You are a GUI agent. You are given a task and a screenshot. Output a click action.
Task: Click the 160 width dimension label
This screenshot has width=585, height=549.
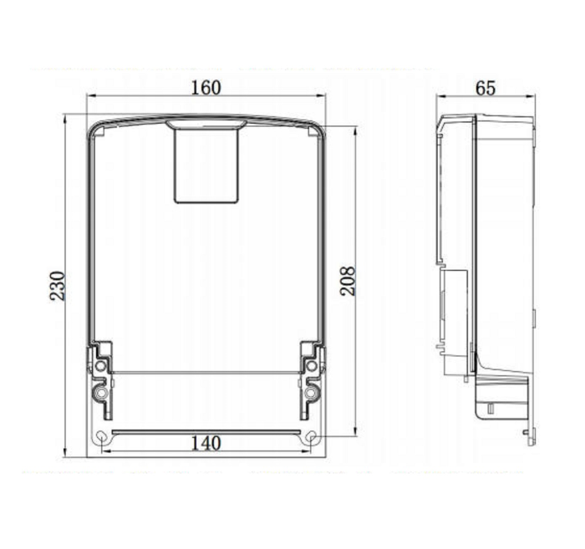coord(206,88)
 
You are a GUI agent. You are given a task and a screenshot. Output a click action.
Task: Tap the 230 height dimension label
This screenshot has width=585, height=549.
coord(58,286)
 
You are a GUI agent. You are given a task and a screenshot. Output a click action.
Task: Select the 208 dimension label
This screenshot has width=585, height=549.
coord(348,282)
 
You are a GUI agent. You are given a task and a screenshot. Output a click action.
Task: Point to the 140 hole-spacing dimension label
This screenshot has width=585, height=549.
coord(206,444)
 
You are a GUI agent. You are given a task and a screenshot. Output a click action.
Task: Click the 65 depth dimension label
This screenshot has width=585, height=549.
coord(486,89)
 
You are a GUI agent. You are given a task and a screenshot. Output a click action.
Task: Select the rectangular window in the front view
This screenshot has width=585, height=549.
coord(206,166)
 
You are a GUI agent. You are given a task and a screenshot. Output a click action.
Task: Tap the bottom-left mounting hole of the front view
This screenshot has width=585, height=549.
coord(101,437)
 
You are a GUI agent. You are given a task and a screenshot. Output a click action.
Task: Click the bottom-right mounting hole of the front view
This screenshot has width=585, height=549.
coord(312,437)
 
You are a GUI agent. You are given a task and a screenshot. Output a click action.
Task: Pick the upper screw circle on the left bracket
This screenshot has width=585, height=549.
coord(100,365)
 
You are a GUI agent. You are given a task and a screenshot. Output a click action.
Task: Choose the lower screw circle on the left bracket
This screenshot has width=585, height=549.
coord(100,393)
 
